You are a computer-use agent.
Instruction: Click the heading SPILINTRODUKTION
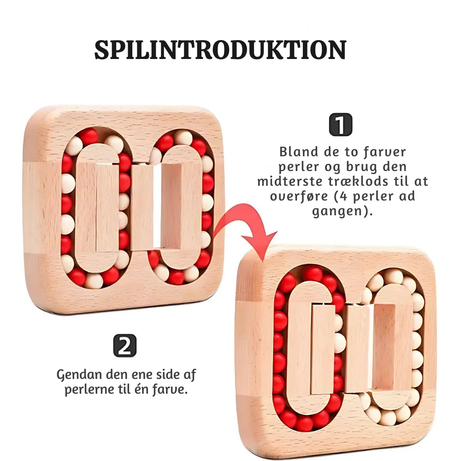(x=220, y=50)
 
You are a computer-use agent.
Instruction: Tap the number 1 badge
(x=341, y=125)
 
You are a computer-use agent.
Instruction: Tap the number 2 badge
(x=124, y=346)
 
